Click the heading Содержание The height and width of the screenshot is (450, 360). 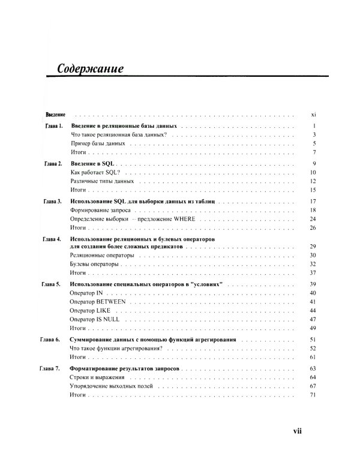click(90, 68)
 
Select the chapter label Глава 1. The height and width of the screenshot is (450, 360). click(53, 127)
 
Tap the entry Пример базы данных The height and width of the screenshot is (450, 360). click(97, 144)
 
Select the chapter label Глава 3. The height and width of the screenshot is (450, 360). click(53, 201)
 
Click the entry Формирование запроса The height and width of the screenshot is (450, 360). click(100, 210)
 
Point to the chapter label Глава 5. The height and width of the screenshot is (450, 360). click(53, 283)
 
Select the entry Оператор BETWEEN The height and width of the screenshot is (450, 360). click(98, 301)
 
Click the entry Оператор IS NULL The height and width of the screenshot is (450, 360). click(95, 320)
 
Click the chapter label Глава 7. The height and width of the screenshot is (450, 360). click(53, 367)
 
